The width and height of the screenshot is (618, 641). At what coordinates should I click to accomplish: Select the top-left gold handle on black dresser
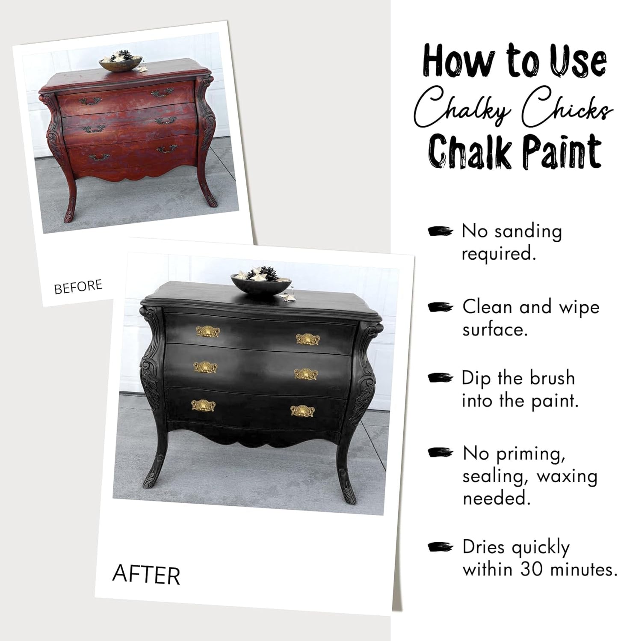point(207,332)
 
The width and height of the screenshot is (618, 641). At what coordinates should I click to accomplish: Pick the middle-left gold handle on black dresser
point(205,368)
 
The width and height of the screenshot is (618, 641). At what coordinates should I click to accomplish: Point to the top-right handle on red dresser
point(162,93)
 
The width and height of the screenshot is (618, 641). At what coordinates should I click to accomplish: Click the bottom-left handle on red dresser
point(99,157)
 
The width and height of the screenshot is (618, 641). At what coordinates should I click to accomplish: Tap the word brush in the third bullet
point(552,378)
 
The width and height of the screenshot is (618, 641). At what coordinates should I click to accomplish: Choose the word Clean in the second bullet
point(487,307)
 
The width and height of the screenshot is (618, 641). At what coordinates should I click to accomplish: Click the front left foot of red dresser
point(70,214)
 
